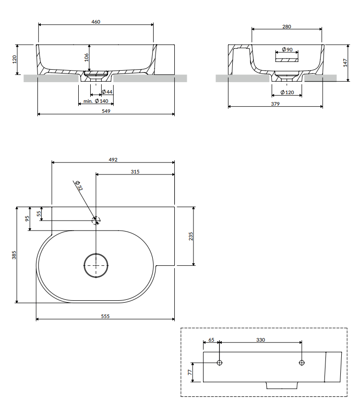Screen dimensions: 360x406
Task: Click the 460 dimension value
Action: tap(96, 22)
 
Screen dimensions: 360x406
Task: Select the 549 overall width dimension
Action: tap(106, 111)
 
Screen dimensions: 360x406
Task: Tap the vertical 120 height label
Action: tap(14, 59)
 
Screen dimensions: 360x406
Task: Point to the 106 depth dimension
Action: tap(86, 58)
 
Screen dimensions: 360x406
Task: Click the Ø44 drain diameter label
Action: tap(107, 92)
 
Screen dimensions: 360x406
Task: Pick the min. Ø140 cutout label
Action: tap(96, 101)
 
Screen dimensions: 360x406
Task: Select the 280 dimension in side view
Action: tap(287, 26)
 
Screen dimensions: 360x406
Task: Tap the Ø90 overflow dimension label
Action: tap(287, 49)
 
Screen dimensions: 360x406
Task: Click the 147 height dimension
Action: tap(345, 63)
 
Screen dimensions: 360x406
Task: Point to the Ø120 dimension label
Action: tap(287, 92)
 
